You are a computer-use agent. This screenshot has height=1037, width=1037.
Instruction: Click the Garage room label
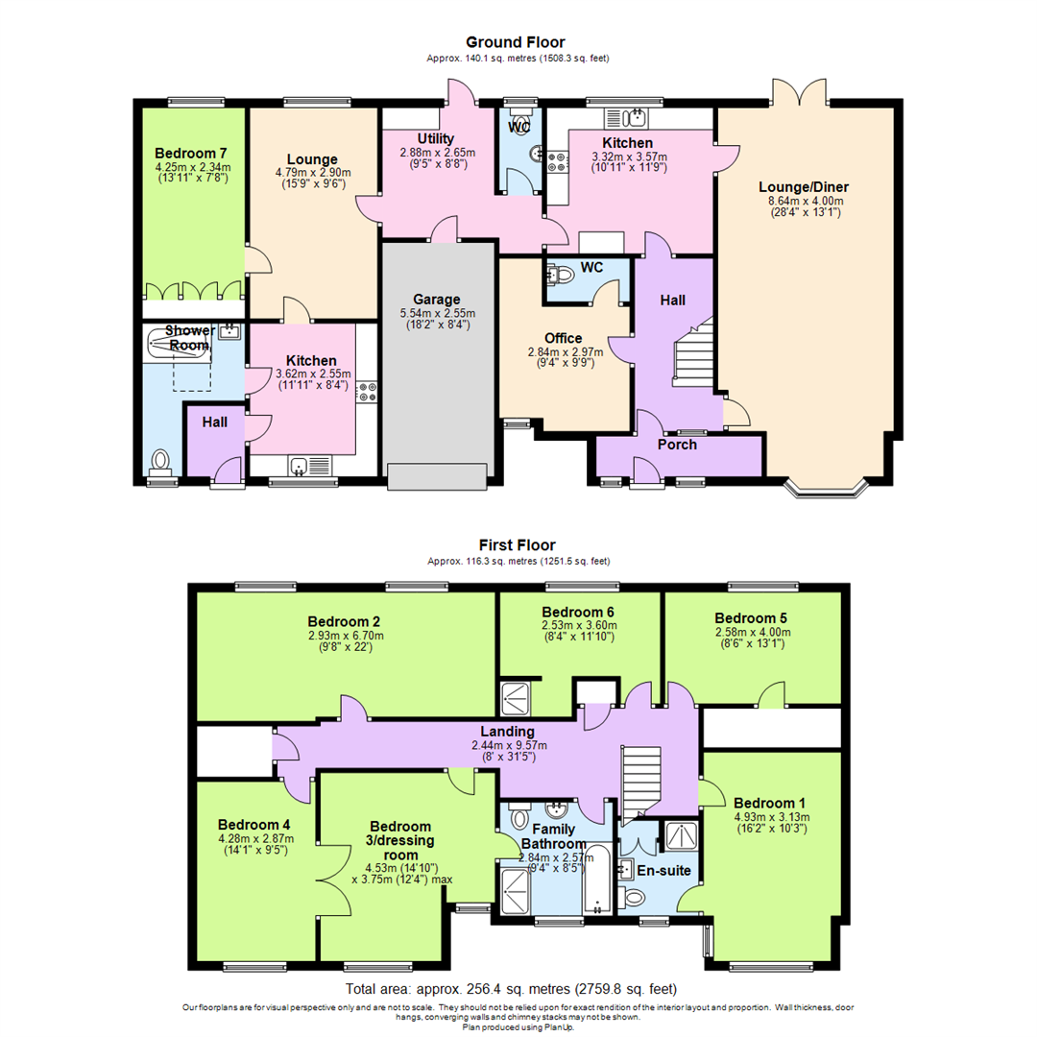click(437, 300)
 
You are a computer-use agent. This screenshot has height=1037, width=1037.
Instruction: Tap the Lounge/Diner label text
click(804, 187)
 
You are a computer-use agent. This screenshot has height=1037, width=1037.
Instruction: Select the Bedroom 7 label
click(190, 154)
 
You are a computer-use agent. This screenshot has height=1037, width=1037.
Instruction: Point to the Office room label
click(564, 339)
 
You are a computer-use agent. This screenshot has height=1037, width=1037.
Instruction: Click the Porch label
click(677, 445)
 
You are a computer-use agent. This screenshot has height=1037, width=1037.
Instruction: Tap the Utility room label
click(436, 139)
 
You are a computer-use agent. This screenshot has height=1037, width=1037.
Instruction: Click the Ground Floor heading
click(516, 42)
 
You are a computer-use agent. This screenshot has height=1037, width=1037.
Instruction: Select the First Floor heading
click(518, 545)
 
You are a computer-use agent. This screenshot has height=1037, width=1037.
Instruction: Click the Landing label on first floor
click(507, 732)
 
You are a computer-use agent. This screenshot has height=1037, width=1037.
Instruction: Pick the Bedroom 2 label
click(344, 621)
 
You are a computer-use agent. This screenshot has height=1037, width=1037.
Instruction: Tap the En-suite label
click(664, 870)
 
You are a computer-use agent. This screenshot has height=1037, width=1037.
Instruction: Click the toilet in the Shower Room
click(160, 463)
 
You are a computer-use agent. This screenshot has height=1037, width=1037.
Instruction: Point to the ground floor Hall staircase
click(694, 353)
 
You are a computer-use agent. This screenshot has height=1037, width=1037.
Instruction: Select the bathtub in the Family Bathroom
click(598, 879)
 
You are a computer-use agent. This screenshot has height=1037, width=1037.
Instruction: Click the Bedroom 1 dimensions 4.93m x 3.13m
click(772, 817)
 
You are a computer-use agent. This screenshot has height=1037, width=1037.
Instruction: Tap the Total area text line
click(511, 989)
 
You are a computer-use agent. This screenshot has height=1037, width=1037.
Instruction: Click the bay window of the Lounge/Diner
click(827, 488)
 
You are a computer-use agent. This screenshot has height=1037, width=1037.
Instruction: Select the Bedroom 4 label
click(253, 825)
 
